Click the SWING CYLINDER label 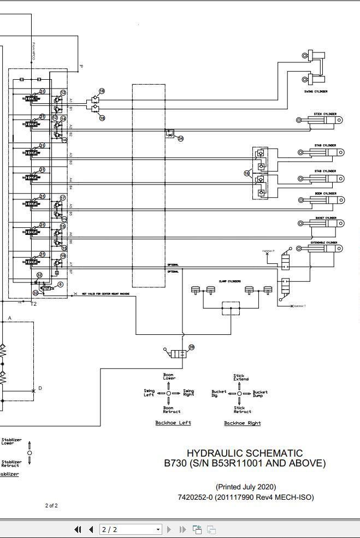(x=316, y=92)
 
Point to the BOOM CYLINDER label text (x=325, y=193)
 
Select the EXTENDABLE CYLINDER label (x=324, y=243)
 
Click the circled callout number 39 (x=191, y=347)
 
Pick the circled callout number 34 (x=180, y=139)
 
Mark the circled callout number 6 (x=60, y=285)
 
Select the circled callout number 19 (x=63, y=256)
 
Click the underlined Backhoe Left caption (x=173, y=423)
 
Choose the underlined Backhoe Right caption (x=243, y=423)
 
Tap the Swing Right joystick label (x=188, y=393)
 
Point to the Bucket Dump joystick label (x=260, y=394)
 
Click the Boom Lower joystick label (x=168, y=377)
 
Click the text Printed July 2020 (x=245, y=487)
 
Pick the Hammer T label (x=299, y=306)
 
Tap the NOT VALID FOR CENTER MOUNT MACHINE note (x=106, y=294)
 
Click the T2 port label (x=33, y=304)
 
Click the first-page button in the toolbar (x=78, y=529)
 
